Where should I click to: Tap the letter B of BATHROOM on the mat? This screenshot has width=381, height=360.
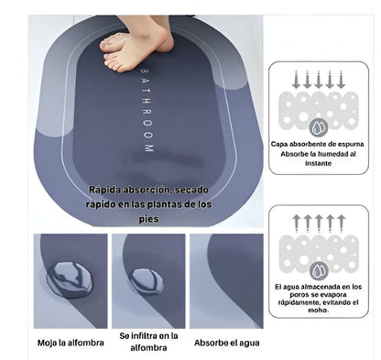tap(145, 71)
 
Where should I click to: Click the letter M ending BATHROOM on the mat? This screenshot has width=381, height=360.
tap(148, 148)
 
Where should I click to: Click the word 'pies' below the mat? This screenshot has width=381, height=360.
tap(148, 219)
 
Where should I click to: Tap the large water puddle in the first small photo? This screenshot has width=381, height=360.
tap(69, 280)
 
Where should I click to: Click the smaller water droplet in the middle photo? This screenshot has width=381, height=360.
tap(146, 281)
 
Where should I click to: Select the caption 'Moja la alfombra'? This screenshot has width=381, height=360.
tap(71, 343)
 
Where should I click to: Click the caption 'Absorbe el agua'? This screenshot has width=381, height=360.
tap(227, 343)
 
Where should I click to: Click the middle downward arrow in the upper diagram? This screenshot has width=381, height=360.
tap(319, 80)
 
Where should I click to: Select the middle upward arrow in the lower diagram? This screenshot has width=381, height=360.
tap(319, 224)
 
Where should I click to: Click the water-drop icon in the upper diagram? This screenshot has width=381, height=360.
tap(319, 127)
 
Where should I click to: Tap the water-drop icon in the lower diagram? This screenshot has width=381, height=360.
tap(319, 271)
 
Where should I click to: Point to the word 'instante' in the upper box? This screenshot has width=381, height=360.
tap(319, 163)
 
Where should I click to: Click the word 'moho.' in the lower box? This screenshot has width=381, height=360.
tap(319, 311)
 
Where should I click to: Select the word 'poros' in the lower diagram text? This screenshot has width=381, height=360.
tap(299, 295)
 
